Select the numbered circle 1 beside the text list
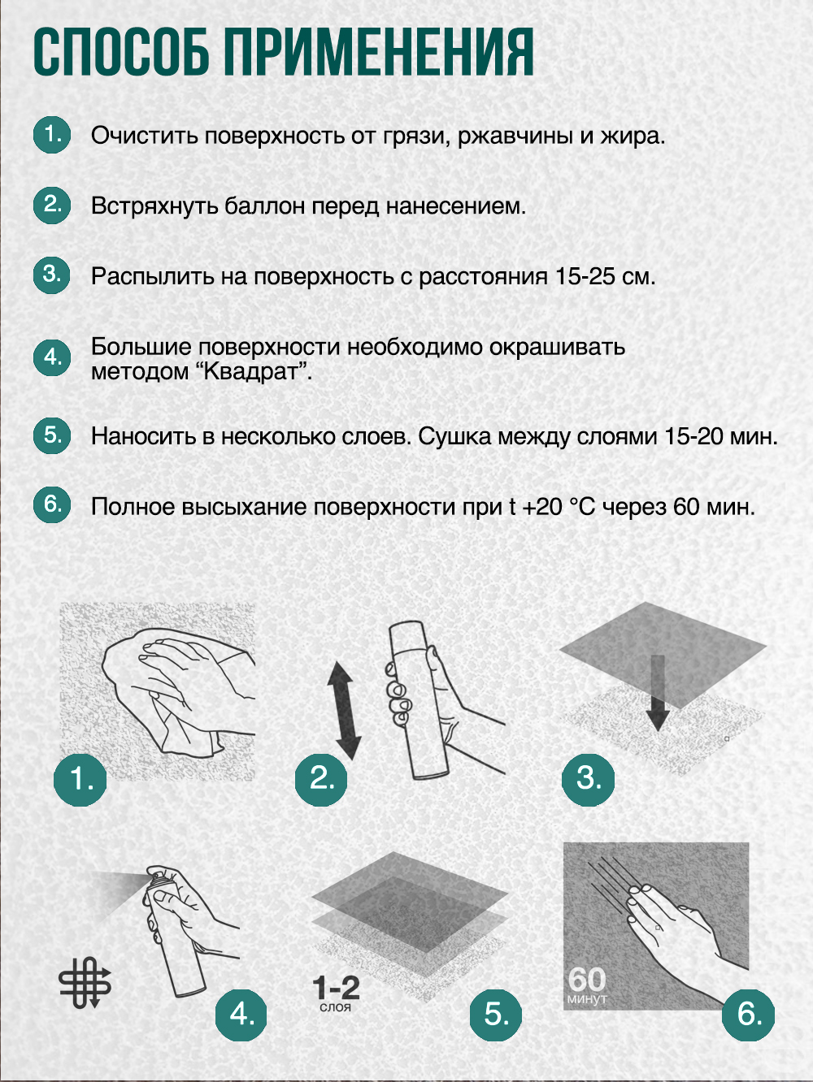click(x=52, y=135)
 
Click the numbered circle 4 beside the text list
click(x=52, y=357)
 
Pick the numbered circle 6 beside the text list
click(x=52, y=504)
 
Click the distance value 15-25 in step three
click(x=585, y=277)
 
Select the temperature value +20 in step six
click(x=542, y=507)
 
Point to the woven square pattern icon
click(x=85, y=982)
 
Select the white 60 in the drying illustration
click(x=586, y=979)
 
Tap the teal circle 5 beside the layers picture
click(x=496, y=1015)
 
